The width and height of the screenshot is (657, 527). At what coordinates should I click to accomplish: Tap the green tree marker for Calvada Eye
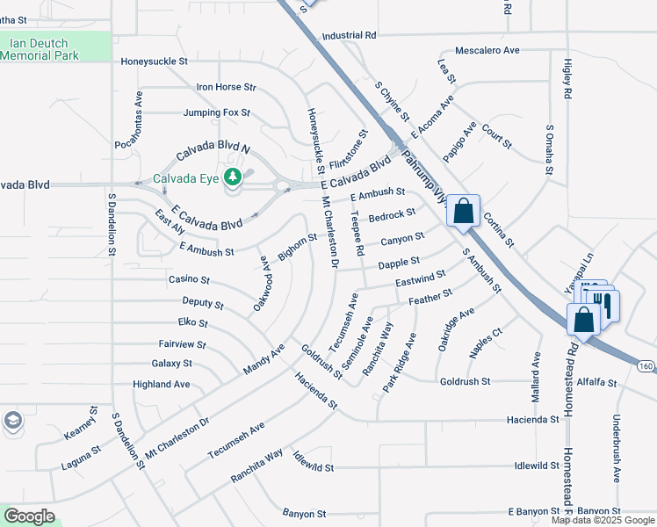[233, 178]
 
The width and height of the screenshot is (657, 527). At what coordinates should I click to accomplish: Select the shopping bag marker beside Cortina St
[464, 213]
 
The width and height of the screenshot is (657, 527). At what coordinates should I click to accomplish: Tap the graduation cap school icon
[13, 421]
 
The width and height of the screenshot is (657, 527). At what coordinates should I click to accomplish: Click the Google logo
[29, 516]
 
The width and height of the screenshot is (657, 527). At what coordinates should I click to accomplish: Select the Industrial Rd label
[349, 35]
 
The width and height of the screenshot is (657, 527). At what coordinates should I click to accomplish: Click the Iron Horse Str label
[226, 87]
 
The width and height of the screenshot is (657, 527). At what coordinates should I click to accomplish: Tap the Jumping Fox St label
[217, 112]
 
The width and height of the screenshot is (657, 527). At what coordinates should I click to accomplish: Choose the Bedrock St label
[392, 214]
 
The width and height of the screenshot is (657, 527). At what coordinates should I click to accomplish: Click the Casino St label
[189, 279]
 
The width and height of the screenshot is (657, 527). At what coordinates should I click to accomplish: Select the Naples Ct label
[485, 342]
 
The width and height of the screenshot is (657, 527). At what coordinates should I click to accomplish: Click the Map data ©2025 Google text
[603, 520]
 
